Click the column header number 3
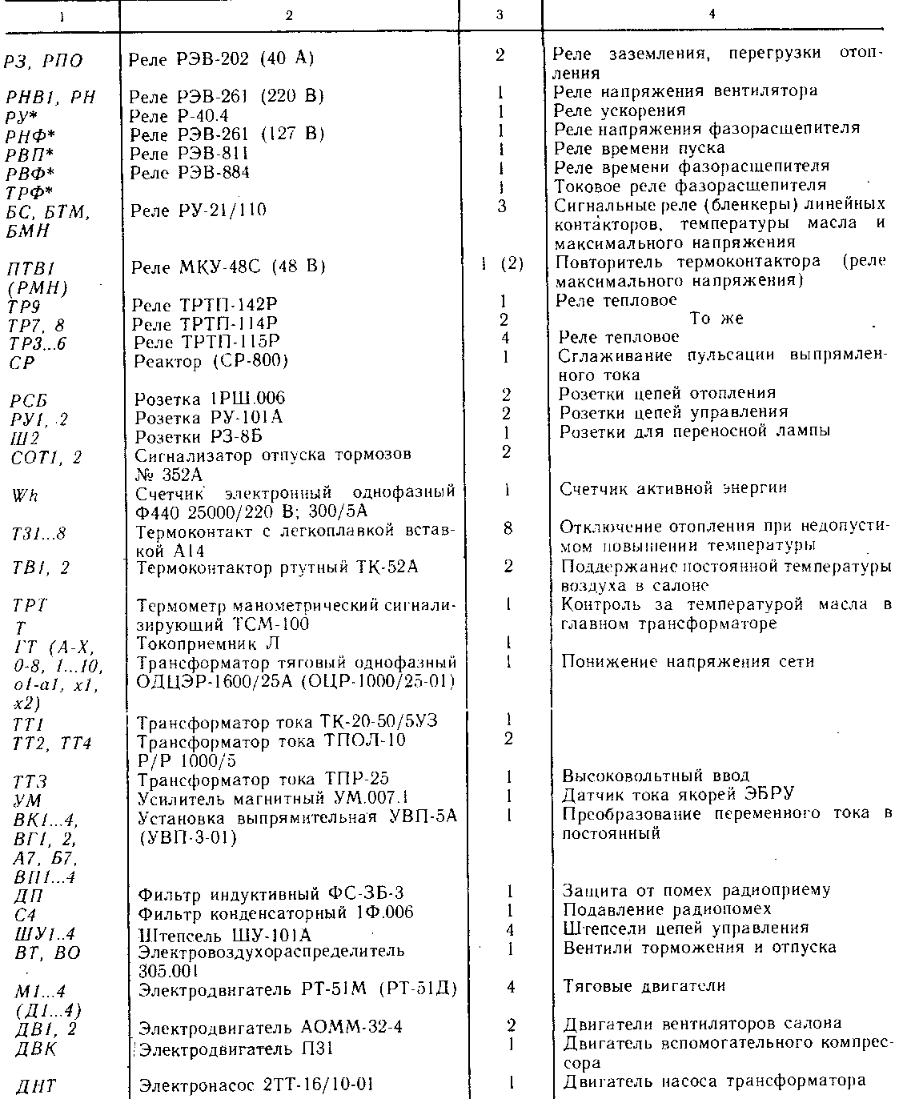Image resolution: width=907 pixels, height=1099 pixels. pos(500,14)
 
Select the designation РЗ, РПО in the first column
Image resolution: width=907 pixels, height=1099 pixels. pos(43,62)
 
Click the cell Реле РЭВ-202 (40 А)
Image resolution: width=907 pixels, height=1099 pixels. pos(222,58)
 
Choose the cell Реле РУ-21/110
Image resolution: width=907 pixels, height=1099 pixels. pos(198,211)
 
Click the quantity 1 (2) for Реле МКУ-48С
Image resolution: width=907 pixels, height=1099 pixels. pos(503,264)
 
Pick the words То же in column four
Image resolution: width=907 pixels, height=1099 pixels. pos(716,319)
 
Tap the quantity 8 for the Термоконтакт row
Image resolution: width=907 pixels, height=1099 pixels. pos(508,528)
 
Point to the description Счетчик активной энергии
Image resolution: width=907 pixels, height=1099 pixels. pos(673,488)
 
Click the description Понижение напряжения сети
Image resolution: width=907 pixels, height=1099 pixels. pos(688,662)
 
